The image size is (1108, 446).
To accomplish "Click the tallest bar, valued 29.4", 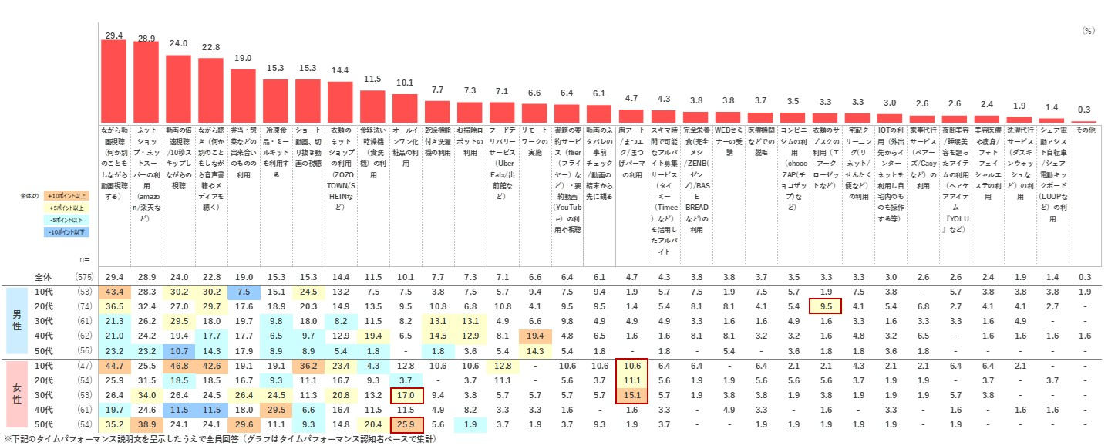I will click(x=113, y=80).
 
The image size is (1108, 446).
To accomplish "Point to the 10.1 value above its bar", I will click(x=404, y=83).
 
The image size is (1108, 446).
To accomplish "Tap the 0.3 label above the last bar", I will click(x=1083, y=110).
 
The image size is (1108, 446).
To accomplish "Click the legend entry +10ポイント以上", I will click(x=66, y=197).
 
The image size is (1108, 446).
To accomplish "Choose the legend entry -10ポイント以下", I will click(x=66, y=231).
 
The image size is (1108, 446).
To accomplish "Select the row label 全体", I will click(x=45, y=276).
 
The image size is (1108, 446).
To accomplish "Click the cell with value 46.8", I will click(x=178, y=365).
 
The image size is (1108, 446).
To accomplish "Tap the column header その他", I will click(x=1083, y=132).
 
